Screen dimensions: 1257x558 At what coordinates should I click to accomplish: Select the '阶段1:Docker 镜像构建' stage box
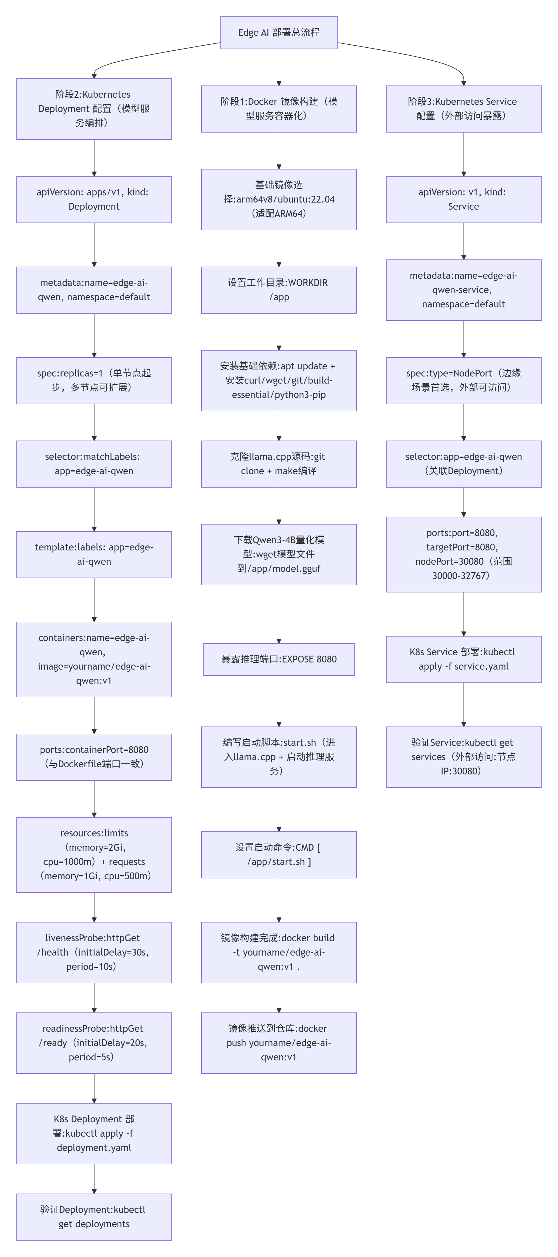[278, 109]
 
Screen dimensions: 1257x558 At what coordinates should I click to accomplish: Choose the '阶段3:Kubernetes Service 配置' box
[463, 109]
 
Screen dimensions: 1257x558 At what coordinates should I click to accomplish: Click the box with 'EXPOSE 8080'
[278, 659]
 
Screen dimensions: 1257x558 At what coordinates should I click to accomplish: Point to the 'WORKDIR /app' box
[278, 290]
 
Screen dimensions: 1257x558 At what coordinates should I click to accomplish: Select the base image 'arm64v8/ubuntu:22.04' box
[278, 199]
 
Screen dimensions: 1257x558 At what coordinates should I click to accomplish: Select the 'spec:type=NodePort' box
[463, 380]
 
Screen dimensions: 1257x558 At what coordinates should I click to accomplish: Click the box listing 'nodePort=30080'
[463, 554]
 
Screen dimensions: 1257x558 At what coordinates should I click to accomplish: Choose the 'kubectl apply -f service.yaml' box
[463, 659]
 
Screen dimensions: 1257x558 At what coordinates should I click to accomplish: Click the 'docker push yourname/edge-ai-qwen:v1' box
[278, 1043]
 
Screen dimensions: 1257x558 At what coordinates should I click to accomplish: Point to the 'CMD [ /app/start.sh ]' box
[278, 854]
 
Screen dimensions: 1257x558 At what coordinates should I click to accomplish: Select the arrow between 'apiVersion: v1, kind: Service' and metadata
[463, 241]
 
